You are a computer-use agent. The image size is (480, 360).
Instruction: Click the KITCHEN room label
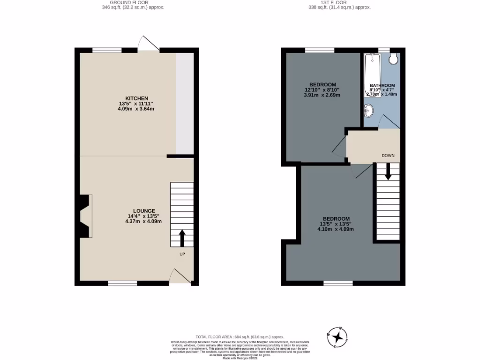coord(136,98)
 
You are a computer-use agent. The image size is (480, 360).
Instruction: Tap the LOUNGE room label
coord(143,211)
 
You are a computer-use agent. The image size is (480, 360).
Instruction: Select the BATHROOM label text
coord(382,85)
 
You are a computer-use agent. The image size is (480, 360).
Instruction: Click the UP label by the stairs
coord(182,254)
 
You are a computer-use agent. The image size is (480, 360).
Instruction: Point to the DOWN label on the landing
coord(388,155)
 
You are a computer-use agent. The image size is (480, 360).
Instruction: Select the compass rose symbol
coord(337,337)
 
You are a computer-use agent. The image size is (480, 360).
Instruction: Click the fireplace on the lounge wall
coord(85,216)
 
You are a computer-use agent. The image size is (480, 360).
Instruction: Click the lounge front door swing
coord(180,276)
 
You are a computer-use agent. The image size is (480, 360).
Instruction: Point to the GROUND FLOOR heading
coord(133,3)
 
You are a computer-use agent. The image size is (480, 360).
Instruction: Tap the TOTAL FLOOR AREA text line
coord(240,337)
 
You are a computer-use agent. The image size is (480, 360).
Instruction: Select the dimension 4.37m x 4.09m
coord(143,221)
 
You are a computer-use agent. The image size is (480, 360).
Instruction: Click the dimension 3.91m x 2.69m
coord(322,95)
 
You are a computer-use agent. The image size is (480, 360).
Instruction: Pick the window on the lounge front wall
coord(122,283)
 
